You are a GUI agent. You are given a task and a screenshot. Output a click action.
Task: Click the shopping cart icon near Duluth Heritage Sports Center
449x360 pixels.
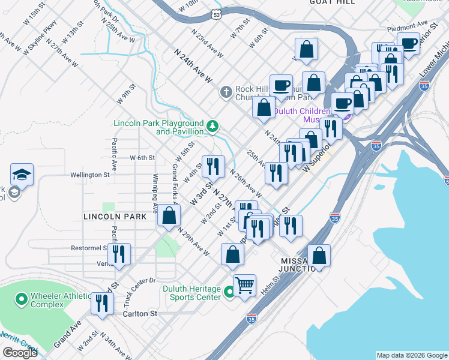coord(244,286)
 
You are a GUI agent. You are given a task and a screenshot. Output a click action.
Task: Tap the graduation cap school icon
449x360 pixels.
coord(22,175)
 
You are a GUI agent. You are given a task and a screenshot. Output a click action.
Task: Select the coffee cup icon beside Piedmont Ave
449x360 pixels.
coord(408,44)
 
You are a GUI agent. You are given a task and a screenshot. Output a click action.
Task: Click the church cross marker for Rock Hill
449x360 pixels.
coord(226,92)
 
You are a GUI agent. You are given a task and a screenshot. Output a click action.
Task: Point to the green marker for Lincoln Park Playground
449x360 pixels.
coord(212,126)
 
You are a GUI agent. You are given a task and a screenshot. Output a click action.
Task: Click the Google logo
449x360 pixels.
coord(20,353)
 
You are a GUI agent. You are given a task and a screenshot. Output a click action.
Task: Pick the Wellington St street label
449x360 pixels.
coord(90,175)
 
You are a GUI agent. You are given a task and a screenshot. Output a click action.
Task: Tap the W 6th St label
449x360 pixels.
coord(143,158)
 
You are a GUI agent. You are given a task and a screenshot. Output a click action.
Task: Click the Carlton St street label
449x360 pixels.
coord(139,314)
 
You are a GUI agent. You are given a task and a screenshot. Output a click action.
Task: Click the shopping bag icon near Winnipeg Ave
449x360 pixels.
coord(169,215)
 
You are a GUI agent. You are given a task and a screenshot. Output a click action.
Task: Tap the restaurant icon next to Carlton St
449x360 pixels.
coord(102,303)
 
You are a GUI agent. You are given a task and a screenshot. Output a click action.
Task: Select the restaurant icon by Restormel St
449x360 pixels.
coord(121,254)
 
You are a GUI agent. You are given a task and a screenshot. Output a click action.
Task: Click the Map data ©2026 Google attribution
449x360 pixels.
coord(411,355)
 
